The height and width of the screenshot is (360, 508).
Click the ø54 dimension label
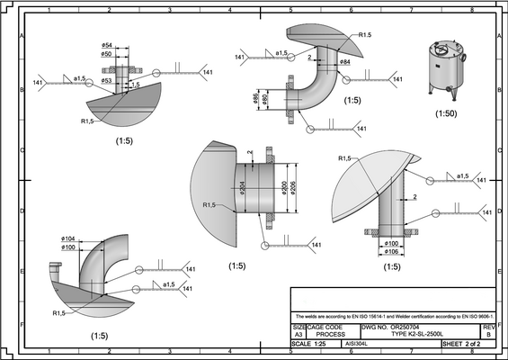pyautogui.click(x=107, y=45)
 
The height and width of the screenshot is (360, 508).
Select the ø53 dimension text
pyautogui.click(x=107, y=80)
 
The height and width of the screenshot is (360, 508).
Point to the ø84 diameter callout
pyautogui.click(x=345, y=61)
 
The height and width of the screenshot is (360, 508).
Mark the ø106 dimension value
pyautogui.click(x=391, y=252)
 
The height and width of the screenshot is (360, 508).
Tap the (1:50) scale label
pyautogui.click(x=446, y=114)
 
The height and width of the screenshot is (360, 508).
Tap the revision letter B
pyautogui.click(x=488, y=334)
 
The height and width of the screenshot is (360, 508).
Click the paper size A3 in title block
pyautogui.click(x=299, y=334)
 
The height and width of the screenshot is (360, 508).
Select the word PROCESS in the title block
pyautogui.click(x=331, y=334)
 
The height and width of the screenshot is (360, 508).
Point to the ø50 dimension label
pyautogui.click(x=107, y=54)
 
